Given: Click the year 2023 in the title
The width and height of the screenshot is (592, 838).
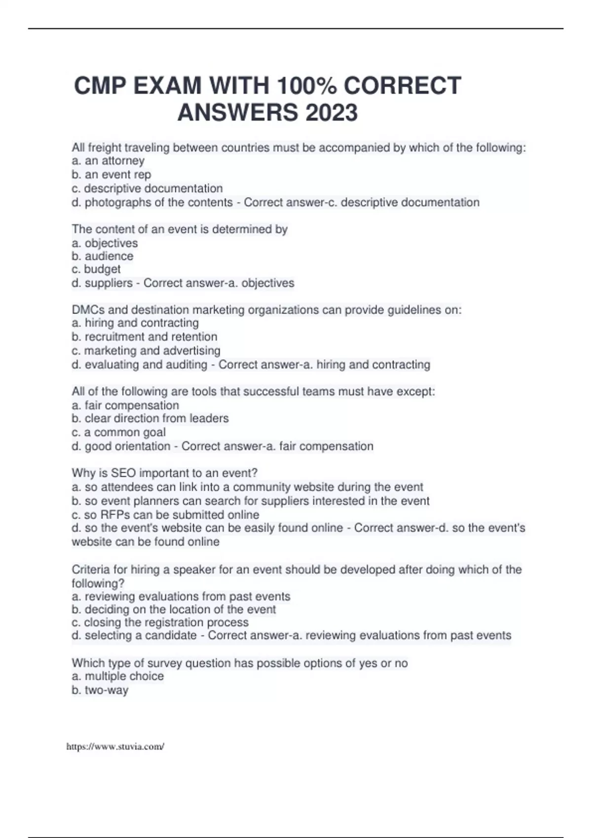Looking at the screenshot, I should click(332, 113).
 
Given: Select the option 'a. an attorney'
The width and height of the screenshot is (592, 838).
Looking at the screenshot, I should click(108, 161).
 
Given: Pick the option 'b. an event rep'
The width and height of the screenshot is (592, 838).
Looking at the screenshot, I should click(111, 175).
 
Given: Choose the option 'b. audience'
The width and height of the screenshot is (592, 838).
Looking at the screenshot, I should click(103, 256).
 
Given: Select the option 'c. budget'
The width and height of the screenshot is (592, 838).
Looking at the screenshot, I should click(96, 269).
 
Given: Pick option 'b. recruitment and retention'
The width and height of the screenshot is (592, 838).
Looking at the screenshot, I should click(145, 337).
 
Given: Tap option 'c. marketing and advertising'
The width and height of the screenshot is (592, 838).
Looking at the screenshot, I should click(146, 351).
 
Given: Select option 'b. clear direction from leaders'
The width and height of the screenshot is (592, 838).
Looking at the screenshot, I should click(150, 419).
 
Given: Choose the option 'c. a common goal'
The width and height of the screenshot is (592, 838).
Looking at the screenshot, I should click(119, 432).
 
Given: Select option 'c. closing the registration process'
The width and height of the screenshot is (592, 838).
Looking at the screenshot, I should click(160, 623).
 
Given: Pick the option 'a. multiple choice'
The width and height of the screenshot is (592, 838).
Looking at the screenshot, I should click(118, 676).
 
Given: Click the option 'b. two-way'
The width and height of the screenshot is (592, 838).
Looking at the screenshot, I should click(100, 690).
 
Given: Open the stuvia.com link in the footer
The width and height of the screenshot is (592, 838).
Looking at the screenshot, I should click(115, 747).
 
